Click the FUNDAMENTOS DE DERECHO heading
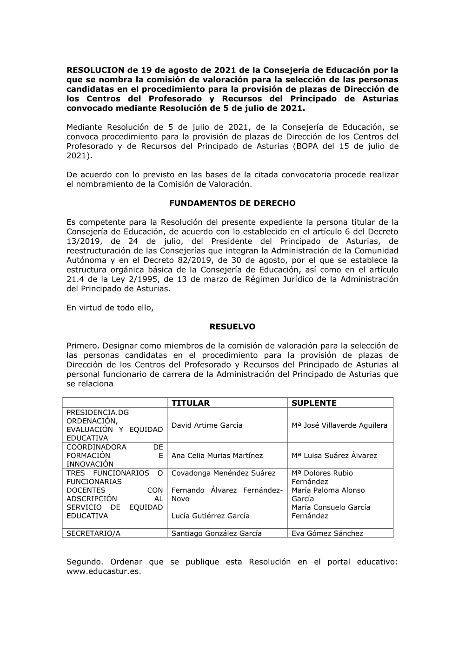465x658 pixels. pyautogui.click(x=232, y=203)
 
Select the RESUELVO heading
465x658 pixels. pyautogui.click(x=232, y=327)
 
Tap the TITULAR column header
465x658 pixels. pyautogui.click(x=190, y=403)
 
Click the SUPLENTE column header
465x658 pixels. pyautogui.click(x=314, y=403)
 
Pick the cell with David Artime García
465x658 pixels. pyautogui.click(x=207, y=425)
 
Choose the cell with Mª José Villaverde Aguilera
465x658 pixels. pyautogui.click(x=339, y=425)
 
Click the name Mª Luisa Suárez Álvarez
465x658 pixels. pyautogui.click(x=334, y=456)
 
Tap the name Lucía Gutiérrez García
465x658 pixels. pyautogui.click(x=210, y=516)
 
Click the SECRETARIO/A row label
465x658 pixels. pyautogui.click(x=93, y=533)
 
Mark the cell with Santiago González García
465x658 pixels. pyautogui.click(x=216, y=533)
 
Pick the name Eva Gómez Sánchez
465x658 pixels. pyautogui.click(x=327, y=533)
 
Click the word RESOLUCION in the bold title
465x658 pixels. pyautogui.click(x=96, y=70)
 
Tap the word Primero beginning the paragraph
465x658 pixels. pyautogui.click(x=82, y=346)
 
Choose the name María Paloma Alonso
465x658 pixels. pyautogui.click(x=328, y=490)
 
